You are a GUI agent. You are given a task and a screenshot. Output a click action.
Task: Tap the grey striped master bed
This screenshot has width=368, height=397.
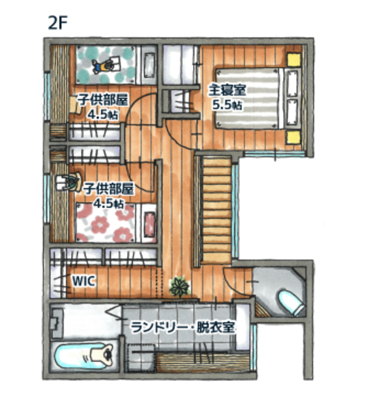point(249,98)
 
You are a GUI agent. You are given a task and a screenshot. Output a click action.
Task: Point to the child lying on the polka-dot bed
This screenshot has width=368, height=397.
point(103,65)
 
